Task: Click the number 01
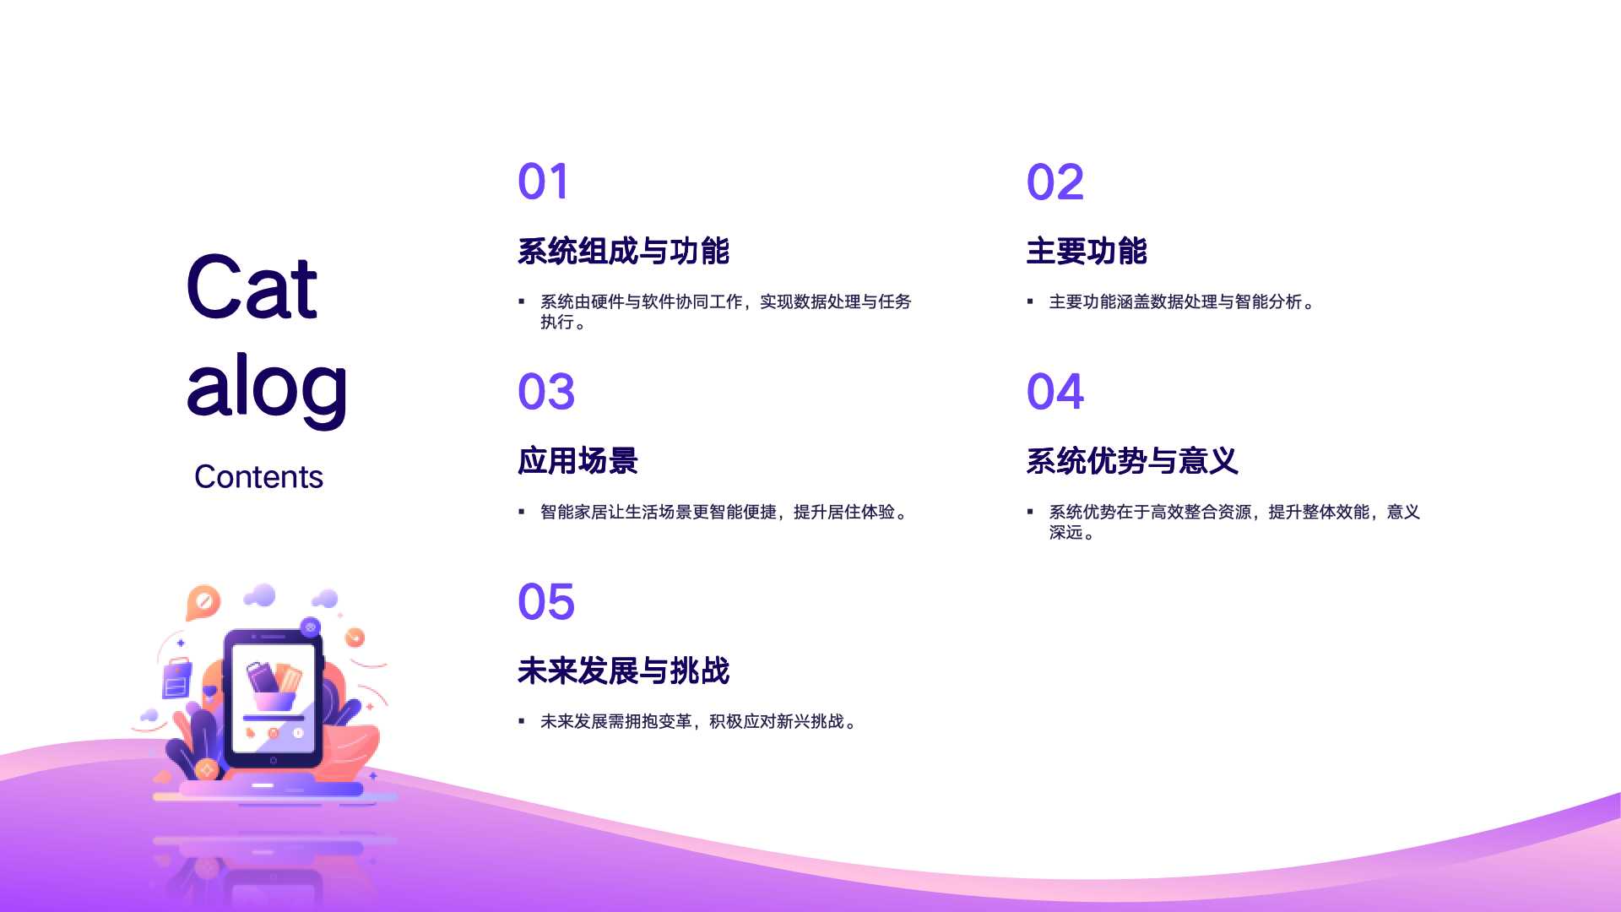click(543, 182)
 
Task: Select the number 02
click(1054, 182)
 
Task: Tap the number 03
click(546, 392)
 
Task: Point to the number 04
click(1055, 392)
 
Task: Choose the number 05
click(546, 602)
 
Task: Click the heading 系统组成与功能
click(623, 251)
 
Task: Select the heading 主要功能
click(1087, 251)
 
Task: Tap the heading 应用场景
click(577, 461)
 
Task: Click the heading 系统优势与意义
click(1132, 461)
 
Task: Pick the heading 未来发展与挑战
click(623, 670)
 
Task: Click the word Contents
click(258, 477)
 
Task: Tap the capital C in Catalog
click(218, 287)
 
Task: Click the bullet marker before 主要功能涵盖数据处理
click(1030, 301)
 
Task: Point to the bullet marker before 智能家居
click(521, 512)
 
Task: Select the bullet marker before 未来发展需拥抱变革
click(521, 721)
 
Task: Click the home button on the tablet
click(273, 761)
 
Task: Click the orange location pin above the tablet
click(203, 603)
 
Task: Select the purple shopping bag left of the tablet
click(176, 678)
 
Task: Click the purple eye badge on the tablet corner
click(310, 627)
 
